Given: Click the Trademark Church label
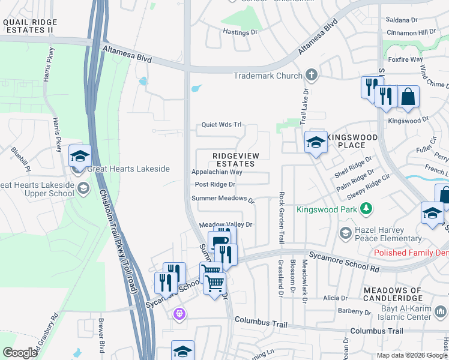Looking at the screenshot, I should click(267, 76).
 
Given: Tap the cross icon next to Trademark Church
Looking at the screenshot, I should click(311, 76).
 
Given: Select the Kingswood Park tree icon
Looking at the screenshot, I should click(365, 209).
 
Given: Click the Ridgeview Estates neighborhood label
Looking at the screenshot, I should click(236, 160).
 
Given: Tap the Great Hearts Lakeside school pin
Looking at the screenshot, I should click(80, 157).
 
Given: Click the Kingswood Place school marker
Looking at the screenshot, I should click(316, 143).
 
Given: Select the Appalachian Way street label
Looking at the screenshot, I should click(217, 172).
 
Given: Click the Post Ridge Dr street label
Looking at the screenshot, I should click(215, 184).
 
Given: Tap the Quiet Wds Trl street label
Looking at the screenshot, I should click(221, 125).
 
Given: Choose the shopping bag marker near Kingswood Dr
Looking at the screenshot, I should click(408, 97).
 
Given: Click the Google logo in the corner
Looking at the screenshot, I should click(20, 353).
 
